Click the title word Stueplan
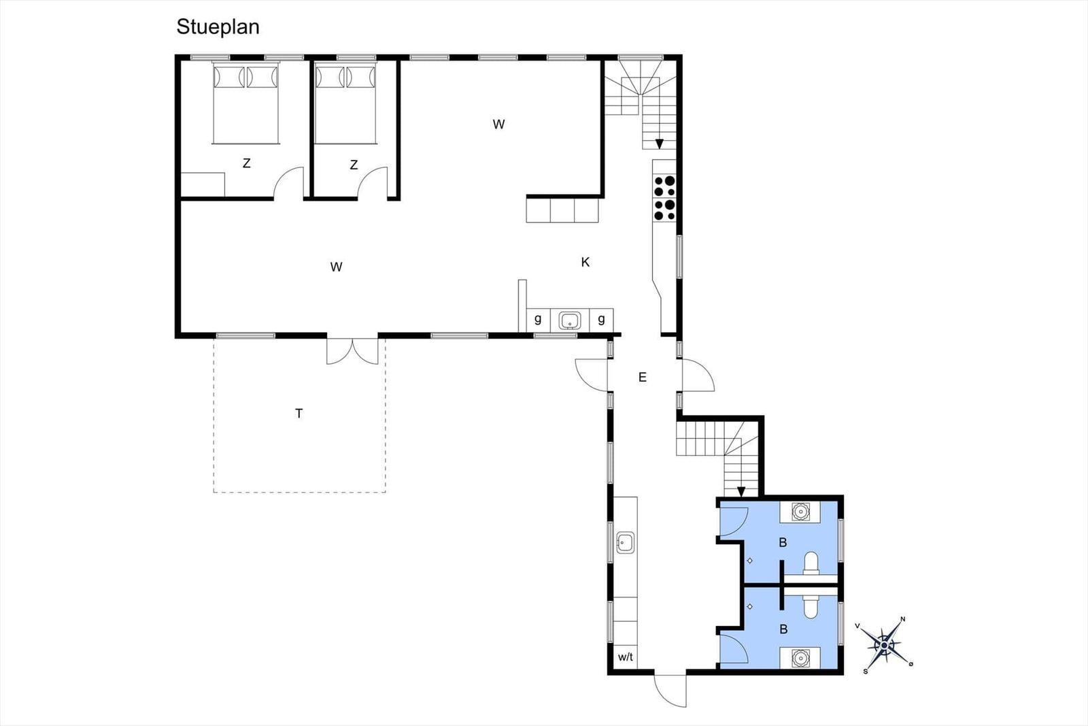tap(218, 27)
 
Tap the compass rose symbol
tap(884, 645)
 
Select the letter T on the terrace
tap(299, 413)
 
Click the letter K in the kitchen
tap(585, 263)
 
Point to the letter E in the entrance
tap(642, 377)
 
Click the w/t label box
tap(626, 657)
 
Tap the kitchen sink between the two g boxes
tap(569, 320)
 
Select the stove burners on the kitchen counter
tap(664, 198)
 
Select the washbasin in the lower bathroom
tap(800, 658)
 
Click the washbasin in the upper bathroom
tap(800, 512)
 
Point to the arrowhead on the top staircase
tap(659, 144)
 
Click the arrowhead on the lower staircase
tap(741, 492)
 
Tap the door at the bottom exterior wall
tap(670, 690)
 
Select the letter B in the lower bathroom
tap(783, 629)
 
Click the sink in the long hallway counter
tap(625, 542)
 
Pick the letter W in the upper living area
tap(498, 125)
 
